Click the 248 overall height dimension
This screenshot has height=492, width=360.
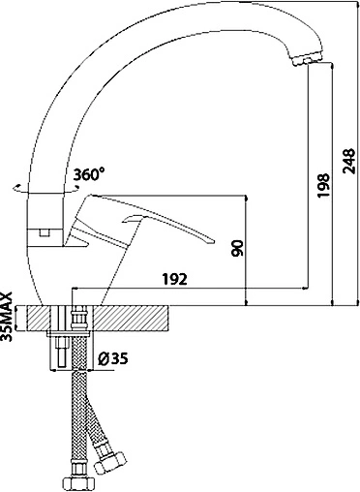[349, 161]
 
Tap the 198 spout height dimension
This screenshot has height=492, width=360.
[323, 186]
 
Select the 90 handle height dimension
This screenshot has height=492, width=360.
[237, 248]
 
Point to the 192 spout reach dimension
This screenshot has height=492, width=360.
[174, 279]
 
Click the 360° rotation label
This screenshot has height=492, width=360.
[89, 174]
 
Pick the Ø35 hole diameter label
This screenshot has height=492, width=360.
[112, 358]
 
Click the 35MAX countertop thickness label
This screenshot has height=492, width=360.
[7, 317]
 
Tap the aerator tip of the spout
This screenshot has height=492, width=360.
[307, 60]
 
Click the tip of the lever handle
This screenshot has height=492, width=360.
[211, 241]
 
